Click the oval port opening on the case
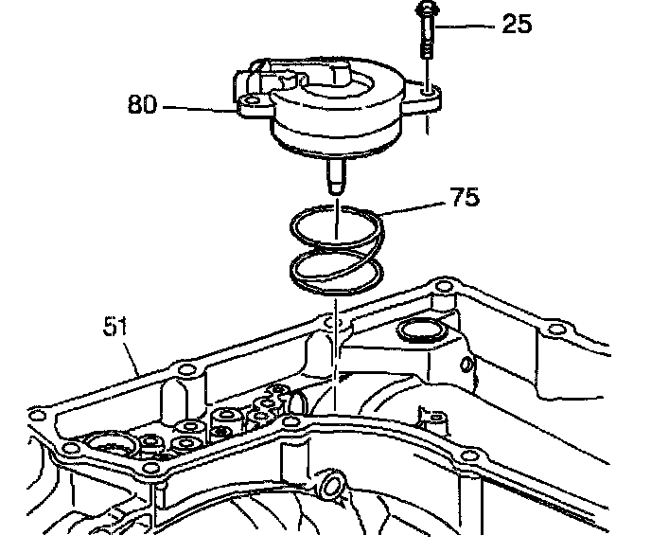coord(417,331)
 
